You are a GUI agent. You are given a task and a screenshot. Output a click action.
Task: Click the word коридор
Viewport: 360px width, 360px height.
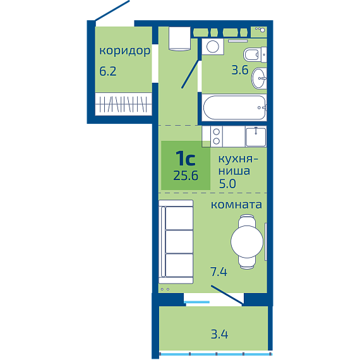click(x=124, y=51)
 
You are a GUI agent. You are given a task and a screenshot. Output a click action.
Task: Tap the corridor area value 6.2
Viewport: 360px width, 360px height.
click(x=108, y=71)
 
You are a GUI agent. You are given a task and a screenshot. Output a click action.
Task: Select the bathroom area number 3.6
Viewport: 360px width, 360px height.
click(x=240, y=70)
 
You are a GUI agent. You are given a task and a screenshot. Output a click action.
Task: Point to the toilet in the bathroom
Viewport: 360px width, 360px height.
click(x=255, y=55)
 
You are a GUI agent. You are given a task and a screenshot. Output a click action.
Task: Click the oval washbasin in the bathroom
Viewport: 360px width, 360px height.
click(x=260, y=78)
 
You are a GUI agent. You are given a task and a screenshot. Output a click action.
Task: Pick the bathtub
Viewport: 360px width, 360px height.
click(x=234, y=107)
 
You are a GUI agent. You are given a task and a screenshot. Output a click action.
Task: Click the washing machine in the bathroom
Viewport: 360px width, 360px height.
click(x=213, y=47)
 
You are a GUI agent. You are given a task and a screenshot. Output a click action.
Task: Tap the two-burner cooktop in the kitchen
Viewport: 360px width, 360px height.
click(x=217, y=136)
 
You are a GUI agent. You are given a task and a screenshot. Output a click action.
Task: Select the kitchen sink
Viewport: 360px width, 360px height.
click(x=256, y=137)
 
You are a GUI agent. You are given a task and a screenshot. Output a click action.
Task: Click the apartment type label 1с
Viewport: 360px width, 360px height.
click(x=186, y=158)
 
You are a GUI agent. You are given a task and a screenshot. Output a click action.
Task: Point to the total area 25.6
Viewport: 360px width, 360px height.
click(x=186, y=176)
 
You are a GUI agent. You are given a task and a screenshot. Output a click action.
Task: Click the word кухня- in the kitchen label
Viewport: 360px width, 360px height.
click(x=238, y=159)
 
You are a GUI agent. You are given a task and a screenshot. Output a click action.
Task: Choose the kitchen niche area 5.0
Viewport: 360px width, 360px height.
click(x=227, y=184)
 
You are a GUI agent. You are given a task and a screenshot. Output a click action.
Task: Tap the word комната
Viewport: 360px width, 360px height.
click(x=236, y=205)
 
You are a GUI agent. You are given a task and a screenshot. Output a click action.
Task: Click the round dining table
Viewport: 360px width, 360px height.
click(x=247, y=241)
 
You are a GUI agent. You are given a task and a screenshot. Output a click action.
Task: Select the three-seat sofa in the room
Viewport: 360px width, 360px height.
click(x=176, y=242)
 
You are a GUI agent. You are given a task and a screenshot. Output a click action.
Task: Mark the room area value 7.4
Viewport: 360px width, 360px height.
click(x=219, y=272)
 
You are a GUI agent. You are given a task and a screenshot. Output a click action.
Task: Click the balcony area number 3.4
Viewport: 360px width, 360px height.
click(x=220, y=335)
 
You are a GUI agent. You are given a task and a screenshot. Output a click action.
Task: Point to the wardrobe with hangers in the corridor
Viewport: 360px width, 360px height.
click(x=124, y=104)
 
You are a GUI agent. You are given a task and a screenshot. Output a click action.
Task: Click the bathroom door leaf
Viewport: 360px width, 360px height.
click(x=190, y=74)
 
